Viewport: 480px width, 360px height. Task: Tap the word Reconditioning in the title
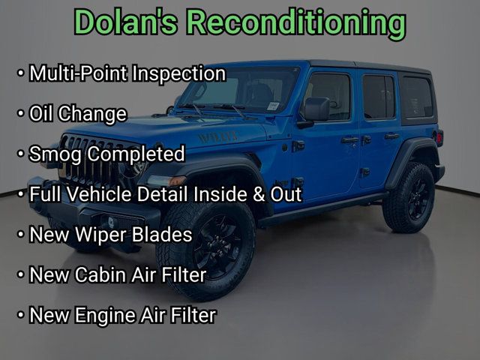tap(295, 22)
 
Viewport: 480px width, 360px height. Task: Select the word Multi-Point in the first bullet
tap(79, 73)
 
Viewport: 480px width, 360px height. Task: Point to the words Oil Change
tap(77, 114)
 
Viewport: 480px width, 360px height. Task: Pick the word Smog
tap(55, 154)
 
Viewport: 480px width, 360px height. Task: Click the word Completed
tap(136, 154)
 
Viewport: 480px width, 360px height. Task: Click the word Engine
tap(106, 315)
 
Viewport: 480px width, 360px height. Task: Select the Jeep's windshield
tap(240, 89)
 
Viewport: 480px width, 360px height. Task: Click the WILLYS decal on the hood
tap(217, 136)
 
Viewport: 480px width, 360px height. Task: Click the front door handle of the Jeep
tap(349, 139)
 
